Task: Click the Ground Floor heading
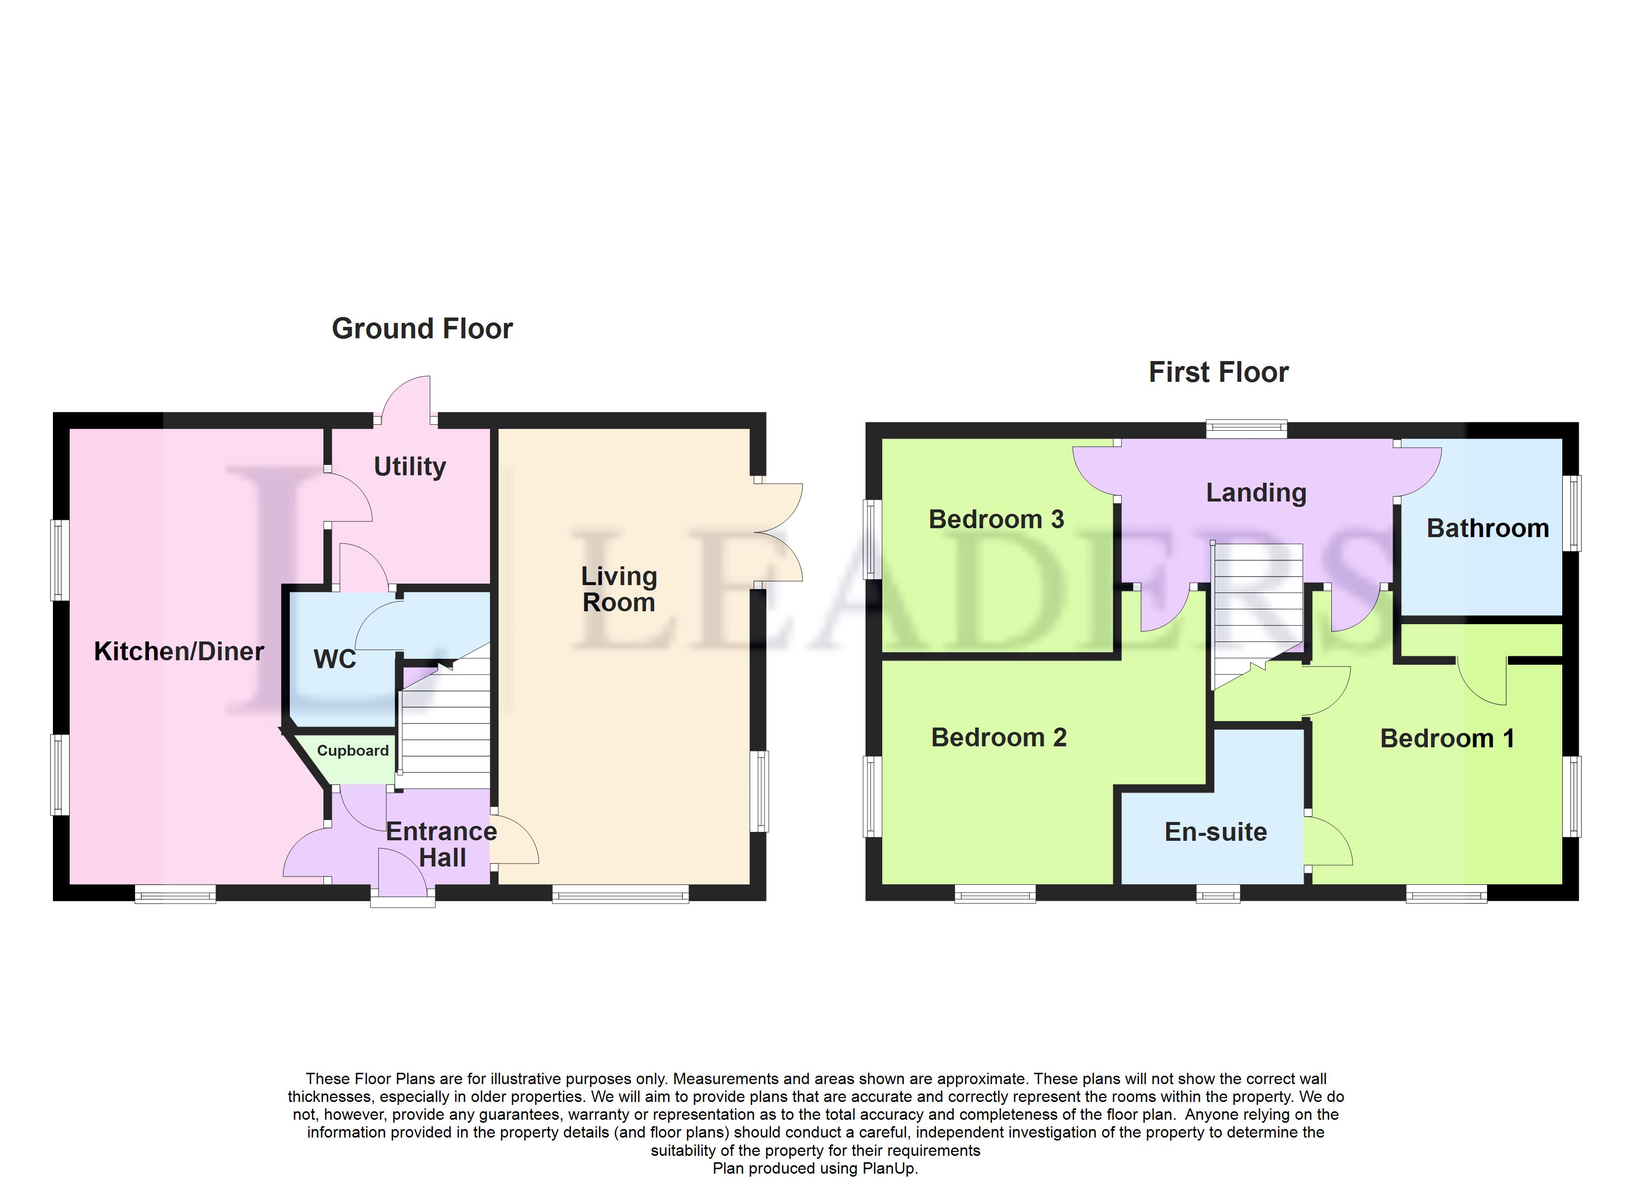click(422, 329)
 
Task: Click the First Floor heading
click(1218, 372)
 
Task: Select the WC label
click(335, 659)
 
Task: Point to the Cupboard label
click(353, 751)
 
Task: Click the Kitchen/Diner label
click(179, 651)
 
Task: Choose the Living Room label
click(619, 589)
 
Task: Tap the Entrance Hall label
click(442, 844)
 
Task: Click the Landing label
click(1256, 493)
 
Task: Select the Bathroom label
click(1488, 528)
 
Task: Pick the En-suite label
click(1216, 832)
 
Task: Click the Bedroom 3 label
click(996, 519)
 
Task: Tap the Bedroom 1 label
click(1447, 738)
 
